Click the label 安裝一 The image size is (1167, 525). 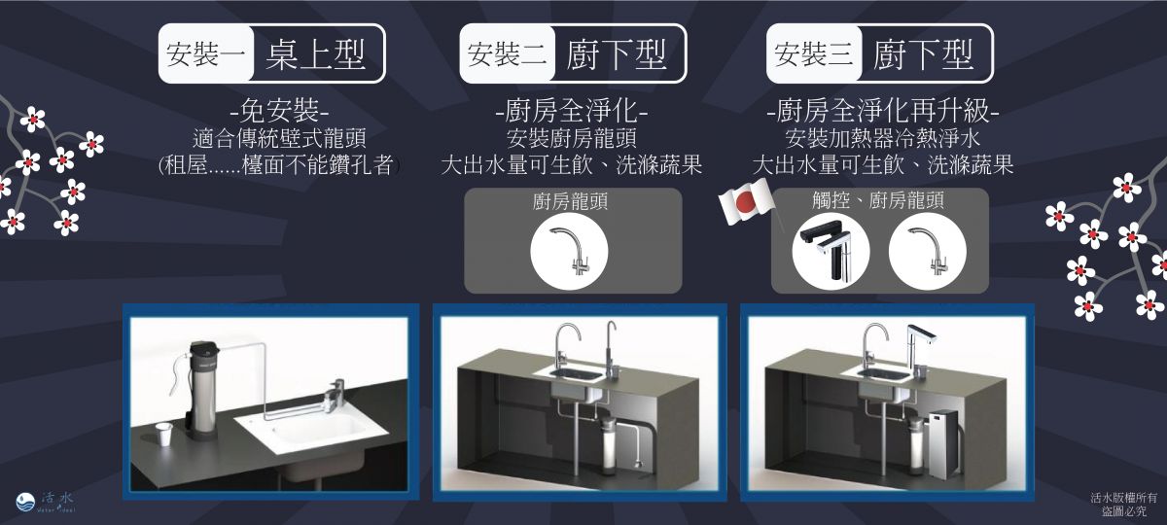point(205,54)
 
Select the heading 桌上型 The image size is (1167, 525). point(316,54)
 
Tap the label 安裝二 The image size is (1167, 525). point(507,54)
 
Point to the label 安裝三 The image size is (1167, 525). point(813,54)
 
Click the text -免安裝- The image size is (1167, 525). point(280,111)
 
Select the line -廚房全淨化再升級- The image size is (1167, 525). point(883,111)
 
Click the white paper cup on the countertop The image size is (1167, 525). point(164,434)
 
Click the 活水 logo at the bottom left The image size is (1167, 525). point(46,502)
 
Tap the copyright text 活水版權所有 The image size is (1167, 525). point(1124,498)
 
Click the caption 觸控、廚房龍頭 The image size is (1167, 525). point(878,200)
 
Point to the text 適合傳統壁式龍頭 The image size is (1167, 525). point(280,138)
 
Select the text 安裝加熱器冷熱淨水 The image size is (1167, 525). point(883,138)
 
